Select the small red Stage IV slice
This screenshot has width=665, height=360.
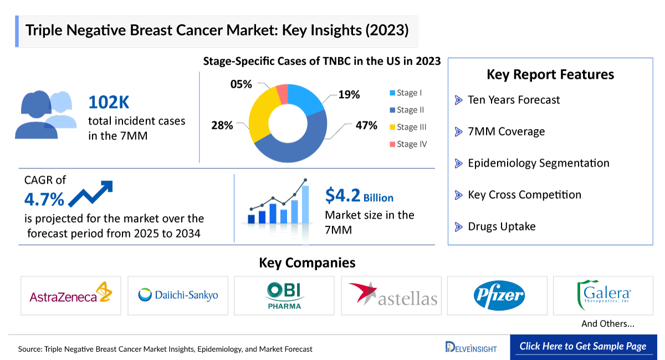[x=282, y=94]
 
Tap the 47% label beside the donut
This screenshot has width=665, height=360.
[x=366, y=126]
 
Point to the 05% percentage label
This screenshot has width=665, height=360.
[x=241, y=84]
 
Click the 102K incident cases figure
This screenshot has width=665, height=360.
[x=109, y=102]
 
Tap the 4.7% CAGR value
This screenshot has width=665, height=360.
[x=44, y=199]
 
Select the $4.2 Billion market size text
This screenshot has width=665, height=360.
[x=359, y=196]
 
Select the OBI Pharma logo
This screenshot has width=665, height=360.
[x=284, y=295]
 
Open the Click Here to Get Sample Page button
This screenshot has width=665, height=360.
[x=583, y=347]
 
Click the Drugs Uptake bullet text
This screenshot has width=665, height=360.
[x=502, y=227]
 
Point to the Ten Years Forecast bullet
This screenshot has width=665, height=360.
[x=514, y=100]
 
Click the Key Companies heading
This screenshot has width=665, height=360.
[x=307, y=263]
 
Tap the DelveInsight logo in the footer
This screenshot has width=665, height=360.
[x=471, y=347]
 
